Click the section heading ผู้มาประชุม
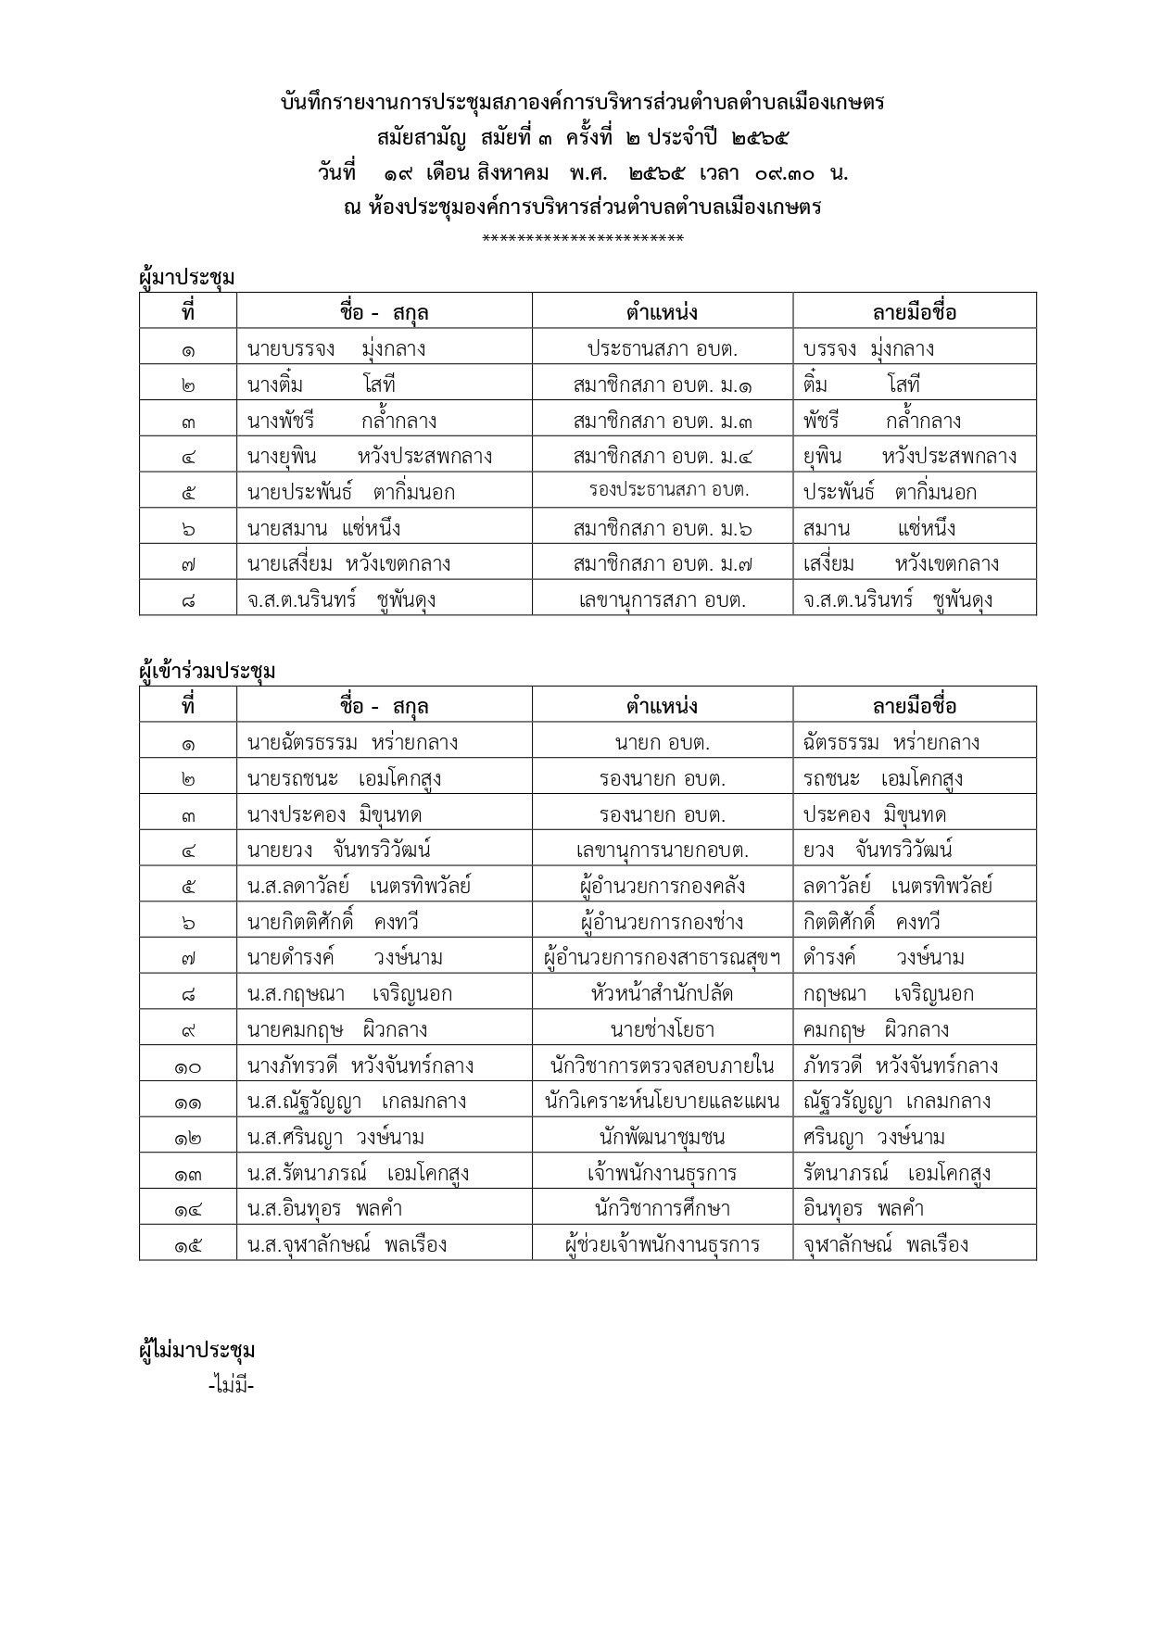click(186, 277)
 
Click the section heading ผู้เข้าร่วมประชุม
click(207, 671)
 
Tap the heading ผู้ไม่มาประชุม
click(196, 1350)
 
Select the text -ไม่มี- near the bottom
click(232, 1386)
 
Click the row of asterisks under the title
click(583, 240)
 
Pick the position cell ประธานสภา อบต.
click(662, 349)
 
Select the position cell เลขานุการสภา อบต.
click(662, 600)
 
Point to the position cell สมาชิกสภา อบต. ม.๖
click(662, 529)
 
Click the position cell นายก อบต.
click(662, 743)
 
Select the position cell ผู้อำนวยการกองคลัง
click(662, 886)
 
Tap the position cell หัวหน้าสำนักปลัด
click(662, 994)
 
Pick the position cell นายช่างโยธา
click(662, 1029)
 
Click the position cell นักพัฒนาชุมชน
click(662, 1137)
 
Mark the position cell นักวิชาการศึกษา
click(662, 1209)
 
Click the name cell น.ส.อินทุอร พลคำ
click(324, 1209)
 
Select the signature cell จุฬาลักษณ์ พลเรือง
click(886, 1244)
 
